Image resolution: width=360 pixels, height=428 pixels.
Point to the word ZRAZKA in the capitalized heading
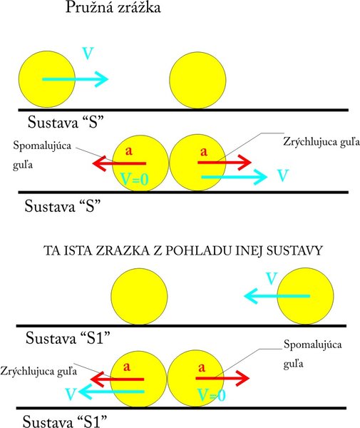[x=122, y=250]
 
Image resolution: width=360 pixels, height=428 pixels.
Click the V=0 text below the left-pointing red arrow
[x=135, y=179]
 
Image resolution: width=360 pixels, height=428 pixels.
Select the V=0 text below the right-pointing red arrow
[x=211, y=395]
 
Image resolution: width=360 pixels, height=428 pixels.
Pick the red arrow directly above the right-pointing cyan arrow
[x=225, y=163]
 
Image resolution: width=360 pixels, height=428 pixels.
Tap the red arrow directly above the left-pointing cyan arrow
[x=117, y=379]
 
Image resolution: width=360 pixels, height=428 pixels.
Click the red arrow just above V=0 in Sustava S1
[x=222, y=378]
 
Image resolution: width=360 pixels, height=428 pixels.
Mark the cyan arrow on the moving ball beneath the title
[x=76, y=79]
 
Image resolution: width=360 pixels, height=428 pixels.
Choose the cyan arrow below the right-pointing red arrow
[x=235, y=177]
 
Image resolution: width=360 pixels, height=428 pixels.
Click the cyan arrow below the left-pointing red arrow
[x=111, y=392]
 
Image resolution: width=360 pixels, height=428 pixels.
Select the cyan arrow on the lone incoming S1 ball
[x=277, y=296]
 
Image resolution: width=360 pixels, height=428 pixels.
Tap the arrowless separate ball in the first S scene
[x=197, y=80]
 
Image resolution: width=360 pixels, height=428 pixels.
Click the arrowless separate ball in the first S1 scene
[x=139, y=297]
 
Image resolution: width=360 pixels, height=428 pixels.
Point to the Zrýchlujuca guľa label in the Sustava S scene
[x=322, y=142]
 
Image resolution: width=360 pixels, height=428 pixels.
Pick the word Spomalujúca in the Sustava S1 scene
[x=312, y=345]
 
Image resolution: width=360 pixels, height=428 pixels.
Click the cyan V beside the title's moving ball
[x=88, y=53]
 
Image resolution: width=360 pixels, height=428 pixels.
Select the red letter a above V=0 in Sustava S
[x=129, y=151]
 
